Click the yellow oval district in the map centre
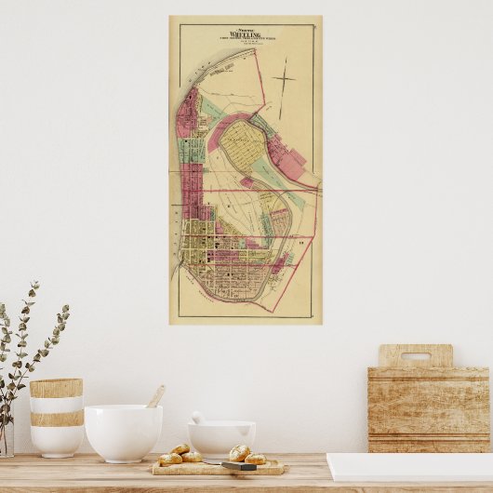pos(245,146)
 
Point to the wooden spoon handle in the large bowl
pos(155,396)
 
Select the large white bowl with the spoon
pos(123,432)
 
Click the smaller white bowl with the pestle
pos(221,437)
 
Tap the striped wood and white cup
pos(56,416)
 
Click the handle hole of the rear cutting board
pos(415,355)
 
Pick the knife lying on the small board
pos(239,464)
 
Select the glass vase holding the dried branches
pos(6,437)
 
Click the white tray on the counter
pos(409,467)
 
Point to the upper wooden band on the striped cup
pos(56,388)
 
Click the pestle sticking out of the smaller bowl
pos(197,418)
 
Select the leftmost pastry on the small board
pos(169,459)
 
